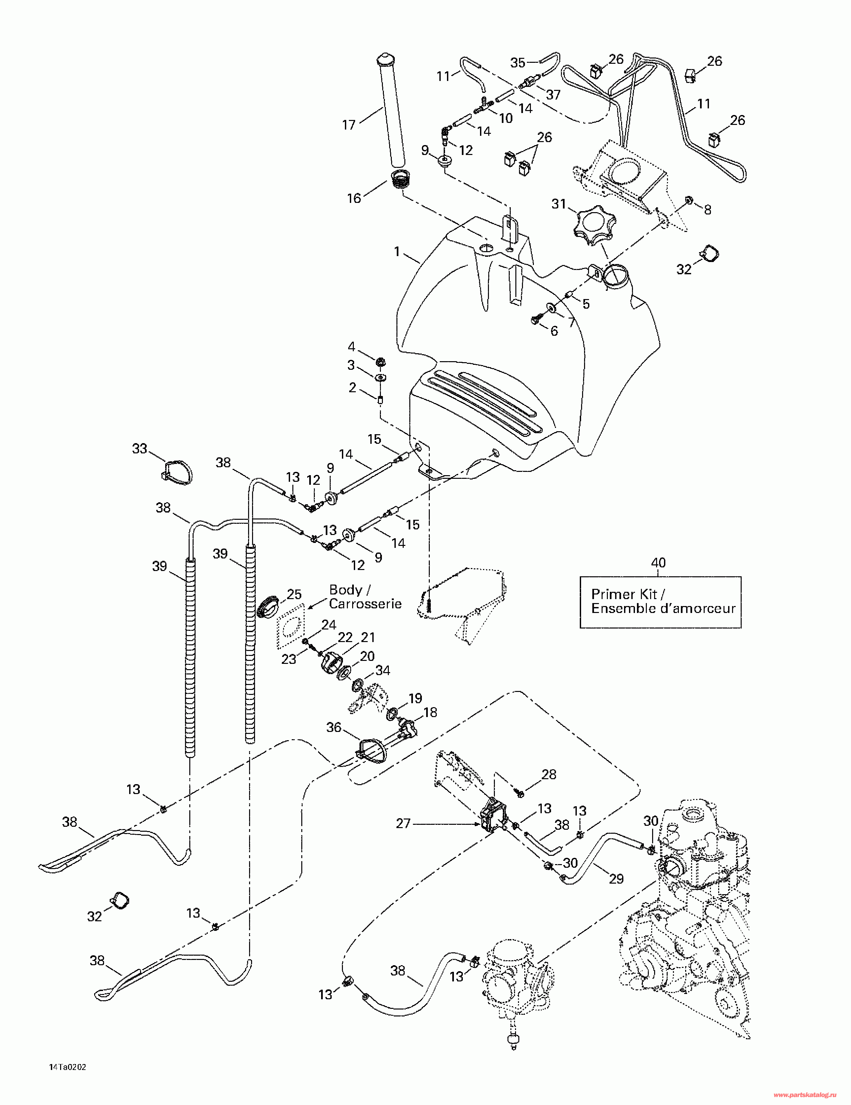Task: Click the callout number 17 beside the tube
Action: pyautogui.click(x=349, y=125)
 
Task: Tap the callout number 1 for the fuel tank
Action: pyautogui.click(x=397, y=251)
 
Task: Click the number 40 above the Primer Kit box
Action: pyautogui.click(x=658, y=563)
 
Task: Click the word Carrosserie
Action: pyautogui.click(x=365, y=604)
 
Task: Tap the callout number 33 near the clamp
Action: pyautogui.click(x=140, y=448)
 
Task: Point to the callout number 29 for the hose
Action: pyautogui.click(x=616, y=879)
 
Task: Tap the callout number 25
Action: pyautogui.click(x=294, y=594)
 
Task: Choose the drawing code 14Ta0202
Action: pyautogui.click(x=68, y=1067)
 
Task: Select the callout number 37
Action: pyautogui.click(x=553, y=95)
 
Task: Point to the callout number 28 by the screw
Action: pyautogui.click(x=549, y=774)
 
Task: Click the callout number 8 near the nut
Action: pyautogui.click(x=707, y=210)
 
